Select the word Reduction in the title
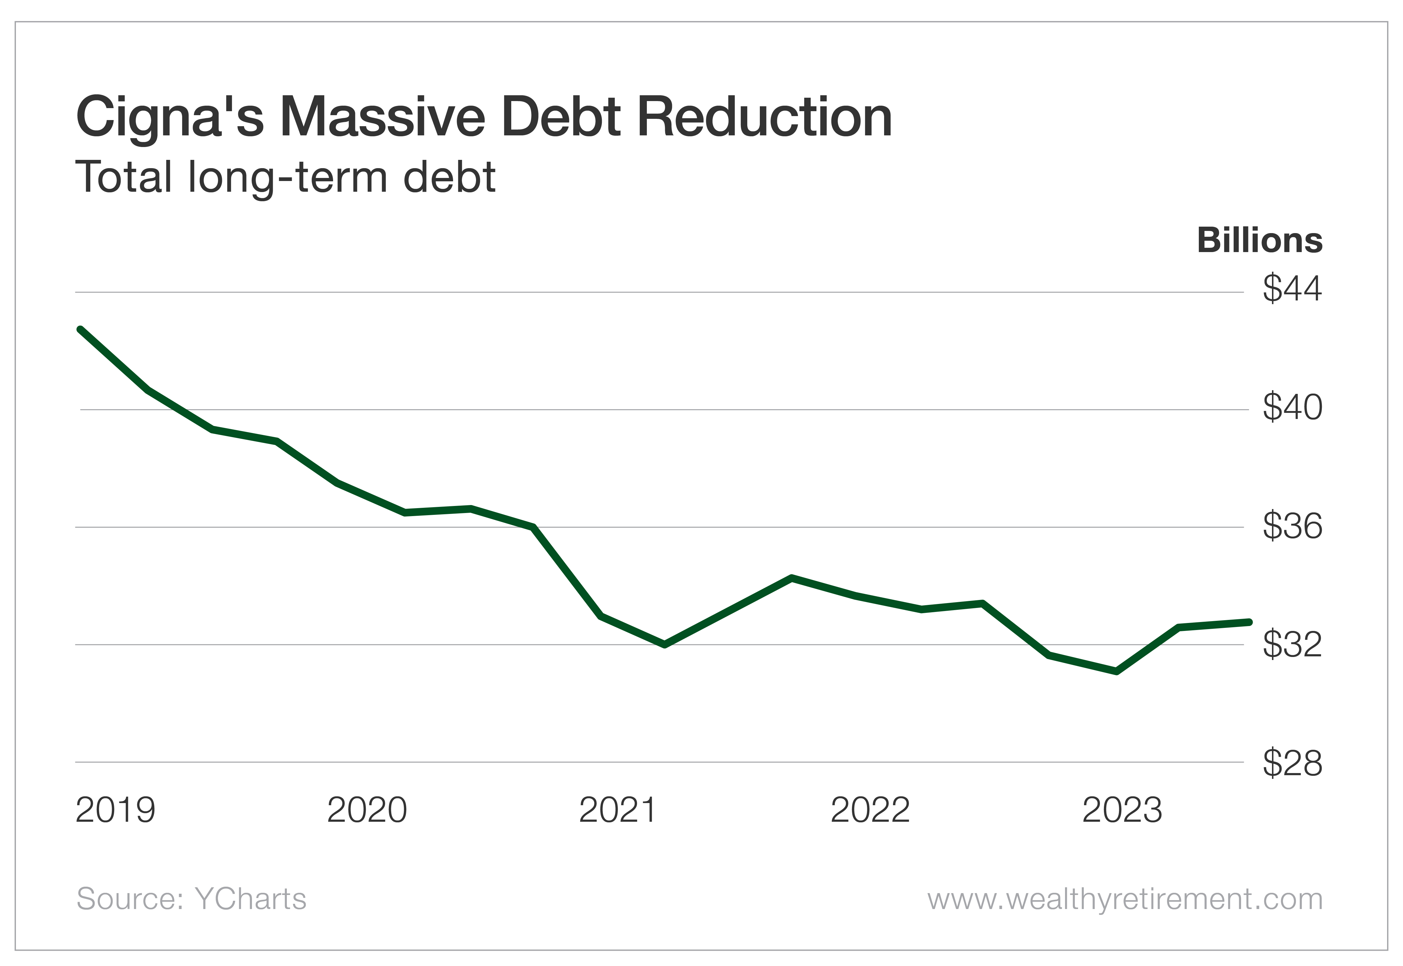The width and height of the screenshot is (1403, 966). (x=764, y=117)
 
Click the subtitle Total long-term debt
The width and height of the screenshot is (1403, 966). (x=285, y=177)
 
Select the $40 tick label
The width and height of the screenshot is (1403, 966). (x=1292, y=407)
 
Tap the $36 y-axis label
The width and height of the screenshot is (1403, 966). (x=1292, y=526)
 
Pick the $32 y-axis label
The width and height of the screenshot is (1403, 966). (x=1292, y=644)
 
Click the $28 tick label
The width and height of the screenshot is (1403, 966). (x=1292, y=763)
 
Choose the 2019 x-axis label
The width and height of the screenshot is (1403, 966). (x=115, y=810)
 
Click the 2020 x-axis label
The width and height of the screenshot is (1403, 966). (x=367, y=810)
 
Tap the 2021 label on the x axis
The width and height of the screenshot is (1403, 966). (x=618, y=810)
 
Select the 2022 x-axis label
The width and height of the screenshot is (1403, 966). (x=870, y=810)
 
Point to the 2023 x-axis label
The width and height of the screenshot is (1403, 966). (x=1122, y=810)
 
